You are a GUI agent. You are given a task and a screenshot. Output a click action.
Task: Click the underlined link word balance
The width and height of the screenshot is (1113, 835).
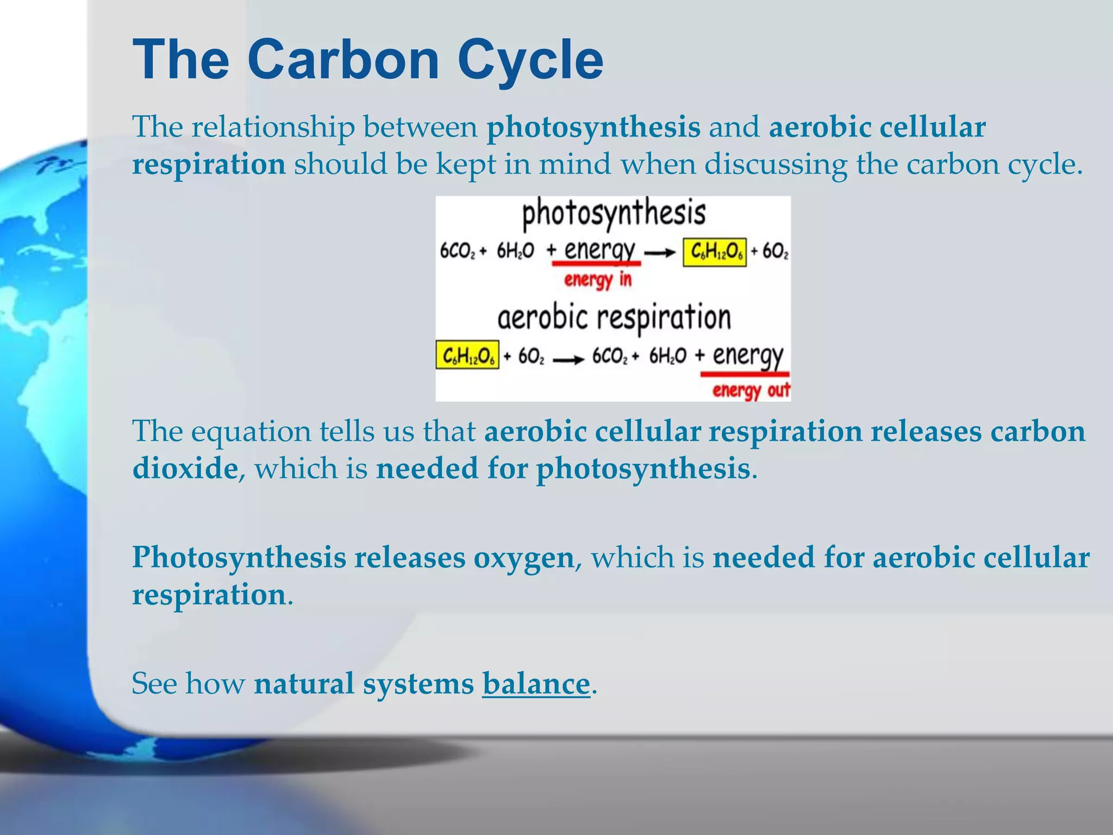click(536, 683)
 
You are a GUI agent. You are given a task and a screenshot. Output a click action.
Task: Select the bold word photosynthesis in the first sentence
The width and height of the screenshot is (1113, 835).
click(593, 128)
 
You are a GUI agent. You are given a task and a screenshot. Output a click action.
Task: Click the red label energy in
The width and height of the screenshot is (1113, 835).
click(598, 279)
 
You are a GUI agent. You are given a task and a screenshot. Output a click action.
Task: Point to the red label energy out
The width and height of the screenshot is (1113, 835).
click(751, 390)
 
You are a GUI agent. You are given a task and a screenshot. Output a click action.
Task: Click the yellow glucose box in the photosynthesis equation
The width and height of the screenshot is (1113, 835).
click(715, 252)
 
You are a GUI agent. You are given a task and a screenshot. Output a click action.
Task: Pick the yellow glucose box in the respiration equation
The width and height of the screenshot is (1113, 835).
click(467, 356)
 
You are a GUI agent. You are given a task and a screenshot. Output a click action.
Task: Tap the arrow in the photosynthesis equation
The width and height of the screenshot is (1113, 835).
click(660, 252)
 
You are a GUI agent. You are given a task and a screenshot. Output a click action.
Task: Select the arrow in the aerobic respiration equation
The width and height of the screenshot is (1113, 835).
click(568, 358)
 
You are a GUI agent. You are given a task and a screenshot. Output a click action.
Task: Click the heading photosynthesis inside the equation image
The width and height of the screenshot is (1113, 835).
click(614, 213)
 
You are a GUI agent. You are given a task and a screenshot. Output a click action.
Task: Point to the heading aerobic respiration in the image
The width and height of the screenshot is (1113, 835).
click(614, 317)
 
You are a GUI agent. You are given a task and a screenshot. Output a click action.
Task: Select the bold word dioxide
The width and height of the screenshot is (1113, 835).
click(185, 468)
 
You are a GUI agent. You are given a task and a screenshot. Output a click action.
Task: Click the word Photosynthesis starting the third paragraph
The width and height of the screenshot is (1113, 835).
click(239, 558)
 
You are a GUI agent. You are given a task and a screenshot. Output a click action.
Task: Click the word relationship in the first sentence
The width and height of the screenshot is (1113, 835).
click(273, 128)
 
